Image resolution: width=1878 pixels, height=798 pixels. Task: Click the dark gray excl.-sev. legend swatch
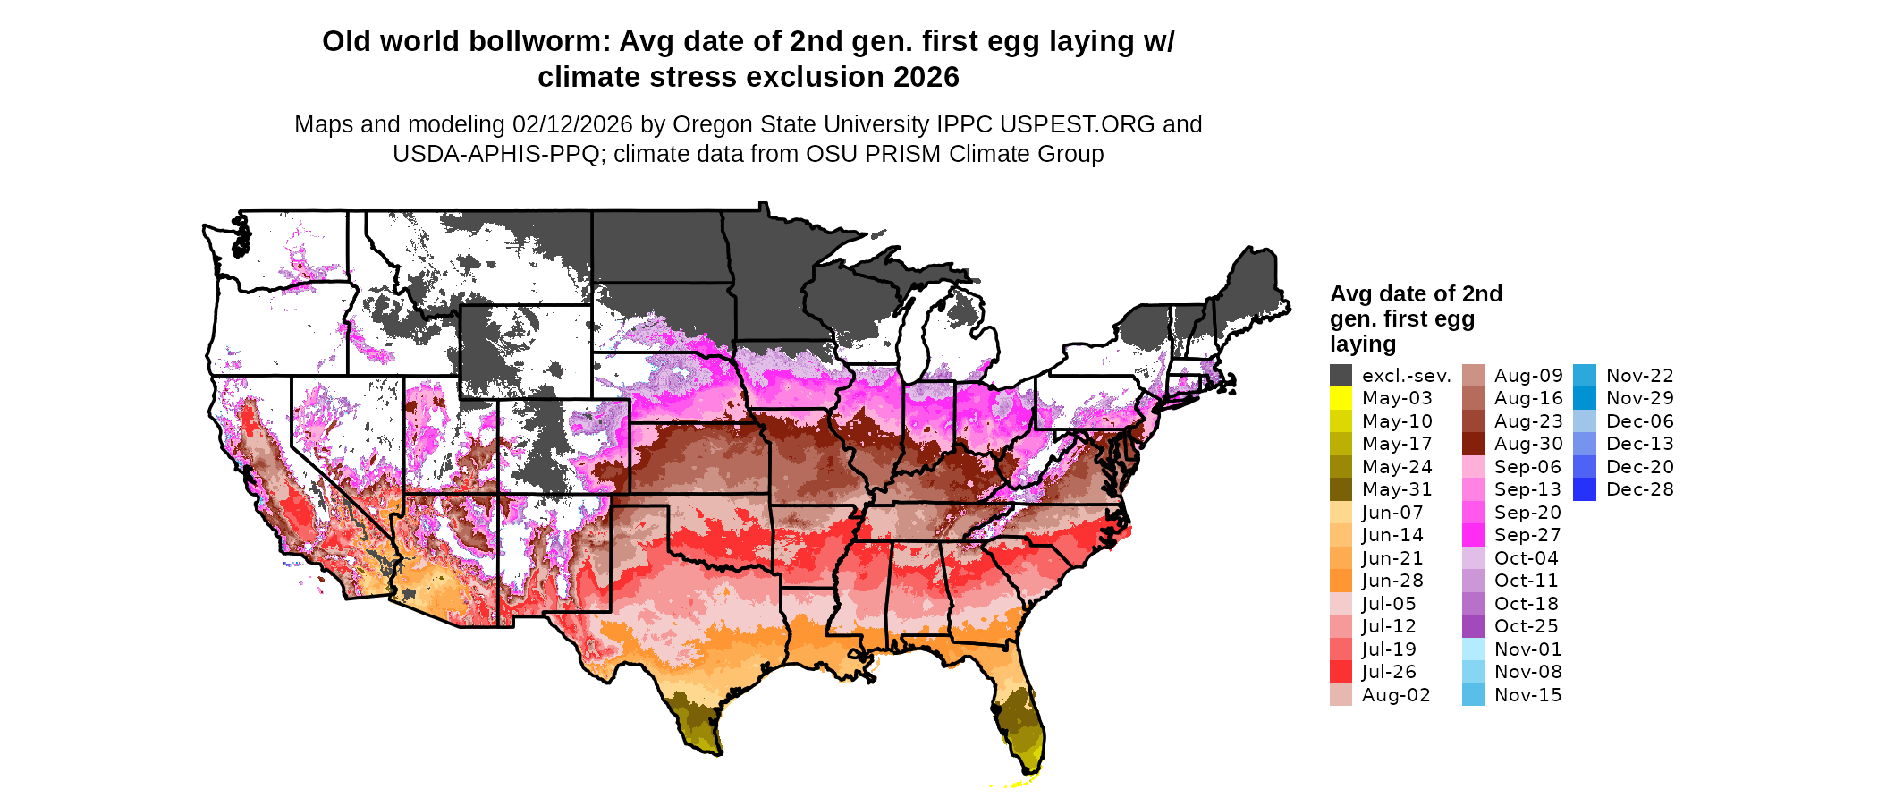pyautogui.click(x=1341, y=376)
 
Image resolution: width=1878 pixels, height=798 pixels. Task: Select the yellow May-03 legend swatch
pyautogui.click(x=1341, y=398)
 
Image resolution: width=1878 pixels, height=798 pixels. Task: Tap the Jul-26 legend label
pyautogui.click(x=1389, y=672)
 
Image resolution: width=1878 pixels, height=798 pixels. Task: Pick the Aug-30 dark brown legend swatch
pyautogui.click(x=1473, y=444)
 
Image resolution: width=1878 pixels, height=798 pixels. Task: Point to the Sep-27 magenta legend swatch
pyautogui.click(x=1473, y=535)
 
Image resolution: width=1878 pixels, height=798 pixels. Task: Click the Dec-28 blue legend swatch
pyautogui.click(x=1584, y=489)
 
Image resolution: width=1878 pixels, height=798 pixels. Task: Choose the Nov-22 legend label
pyautogui.click(x=1639, y=376)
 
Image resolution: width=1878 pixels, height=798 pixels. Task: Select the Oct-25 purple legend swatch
pyautogui.click(x=1473, y=626)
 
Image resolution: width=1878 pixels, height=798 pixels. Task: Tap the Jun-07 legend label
pyautogui.click(x=1392, y=513)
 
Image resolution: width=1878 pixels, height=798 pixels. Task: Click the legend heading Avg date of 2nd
pyautogui.click(x=1416, y=293)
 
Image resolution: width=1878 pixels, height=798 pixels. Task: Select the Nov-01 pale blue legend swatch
pyautogui.click(x=1473, y=649)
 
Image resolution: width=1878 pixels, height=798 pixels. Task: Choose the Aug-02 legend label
pyautogui.click(x=1396, y=695)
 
